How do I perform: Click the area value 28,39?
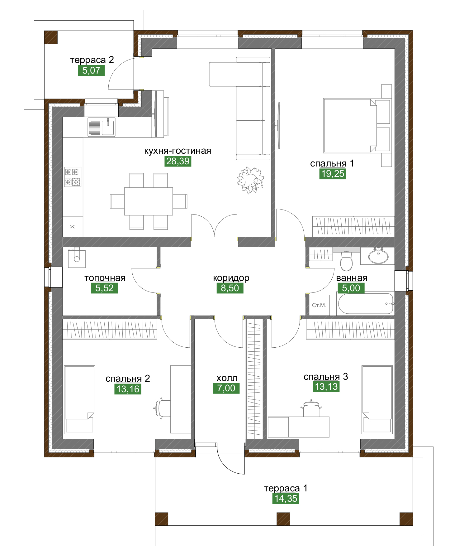[x=178, y=161]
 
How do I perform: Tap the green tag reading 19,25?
[x=333, y=174]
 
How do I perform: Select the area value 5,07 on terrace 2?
[x=91, y=70]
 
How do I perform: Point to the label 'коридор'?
[x=231, y=278]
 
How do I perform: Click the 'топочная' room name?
[x=105, y=278]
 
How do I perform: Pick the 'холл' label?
[x=227, y=378]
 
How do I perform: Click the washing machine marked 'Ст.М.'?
[x=319, y=305]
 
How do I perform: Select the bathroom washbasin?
[x=378, y=256]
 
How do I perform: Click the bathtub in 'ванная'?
[x=366, y=303]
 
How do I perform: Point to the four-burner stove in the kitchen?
[x=73, y=177]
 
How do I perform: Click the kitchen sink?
[x=102, y=127]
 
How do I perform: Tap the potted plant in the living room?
[x=250, y=180]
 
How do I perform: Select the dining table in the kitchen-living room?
[x=149, y=201]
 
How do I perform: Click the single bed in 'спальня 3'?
[x=377, y=400]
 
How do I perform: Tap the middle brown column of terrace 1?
[x=283, y=519]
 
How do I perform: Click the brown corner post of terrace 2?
[x=51, y=37]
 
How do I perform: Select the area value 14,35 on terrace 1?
[x=286, y=499]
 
